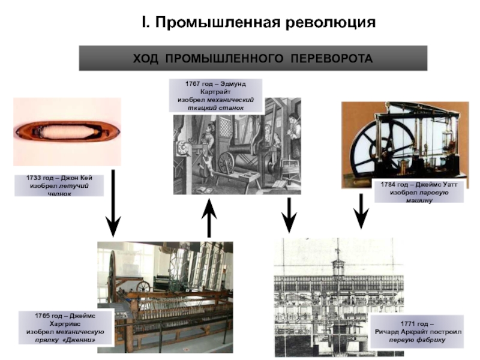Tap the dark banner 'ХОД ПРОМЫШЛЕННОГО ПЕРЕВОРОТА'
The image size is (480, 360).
[253, 59]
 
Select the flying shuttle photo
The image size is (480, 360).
[67, 131]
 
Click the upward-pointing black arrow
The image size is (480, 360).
[209, 219]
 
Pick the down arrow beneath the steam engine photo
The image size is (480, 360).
[361, 211]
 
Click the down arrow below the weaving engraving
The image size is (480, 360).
[289, 215]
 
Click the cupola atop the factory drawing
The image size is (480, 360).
[339, 264]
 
